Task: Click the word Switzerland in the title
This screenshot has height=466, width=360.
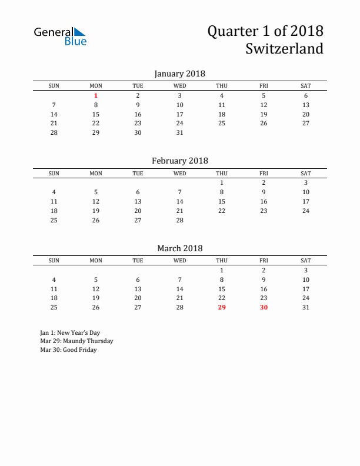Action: (x=285, y=48)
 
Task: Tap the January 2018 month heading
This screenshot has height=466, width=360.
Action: (x=179, y=74)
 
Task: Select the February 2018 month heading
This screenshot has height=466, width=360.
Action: (x=179, y=161)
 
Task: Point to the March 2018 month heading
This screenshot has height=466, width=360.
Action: (x=179, y=248)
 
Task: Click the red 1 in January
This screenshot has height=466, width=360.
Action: (x=96, y=95)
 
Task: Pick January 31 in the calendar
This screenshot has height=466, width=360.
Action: (x=180, y=132)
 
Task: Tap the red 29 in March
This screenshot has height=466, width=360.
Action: (x=222, y=307)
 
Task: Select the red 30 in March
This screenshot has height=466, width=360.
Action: (x=264, y=307)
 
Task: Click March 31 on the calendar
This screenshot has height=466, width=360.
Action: (x=306, y=307)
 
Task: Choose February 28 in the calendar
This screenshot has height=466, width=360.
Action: (x=180, y=220)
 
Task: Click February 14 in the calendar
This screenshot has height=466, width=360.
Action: (x=180, y=201)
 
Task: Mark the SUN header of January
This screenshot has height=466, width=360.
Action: (x=54, y=86)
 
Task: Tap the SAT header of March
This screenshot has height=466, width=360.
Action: (x=306, y=261)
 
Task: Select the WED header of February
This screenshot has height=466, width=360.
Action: (x=180, y=173)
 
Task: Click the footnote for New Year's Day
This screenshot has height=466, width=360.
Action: (x=66, y=332)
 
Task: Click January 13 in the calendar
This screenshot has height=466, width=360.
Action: (x=306, y=105)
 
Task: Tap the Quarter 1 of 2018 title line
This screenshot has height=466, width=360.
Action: (x=265, y=31)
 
